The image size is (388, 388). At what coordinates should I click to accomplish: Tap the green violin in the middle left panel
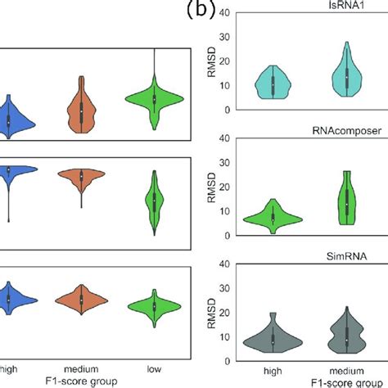(155, 201)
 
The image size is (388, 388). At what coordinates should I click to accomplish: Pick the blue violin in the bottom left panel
(8, 299)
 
